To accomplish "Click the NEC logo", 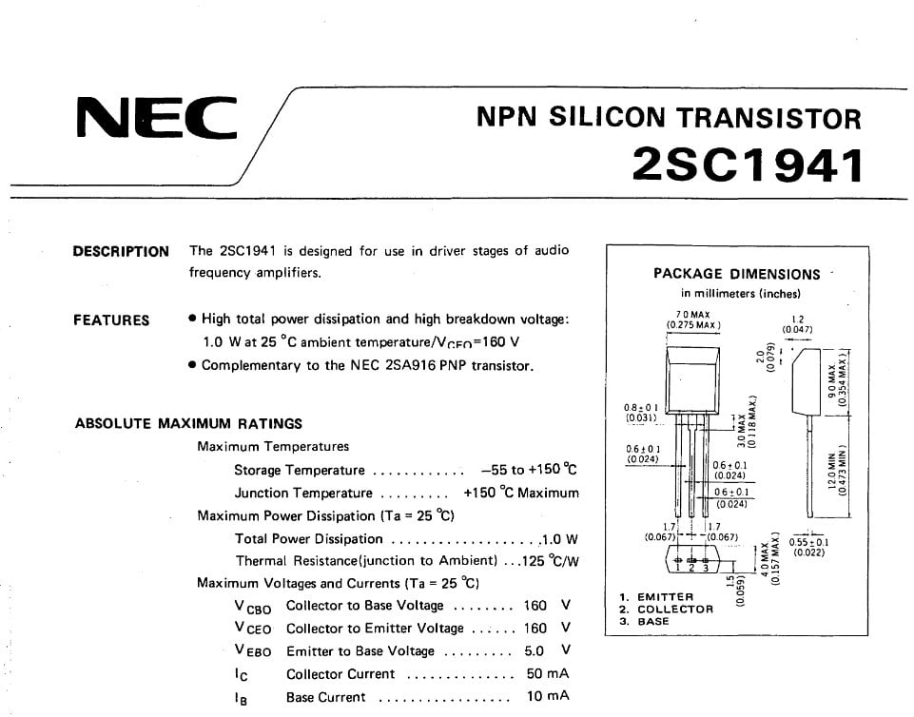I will (x=156, y=119).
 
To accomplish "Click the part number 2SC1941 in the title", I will (x=749, y=164).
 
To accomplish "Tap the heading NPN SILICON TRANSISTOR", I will (x=668, y=118).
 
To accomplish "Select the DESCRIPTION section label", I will (x=121, y=252).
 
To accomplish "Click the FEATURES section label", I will (x=111, y=320).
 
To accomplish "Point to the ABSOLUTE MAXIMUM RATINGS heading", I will (x=188, y=423).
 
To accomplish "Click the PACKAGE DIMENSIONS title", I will (x=736, y=274).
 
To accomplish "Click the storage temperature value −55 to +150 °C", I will (x=529, y=470).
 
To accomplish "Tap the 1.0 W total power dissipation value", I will (x=559, y=539).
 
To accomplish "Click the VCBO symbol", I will (x=252, y=607).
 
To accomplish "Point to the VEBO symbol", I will (x=252, y=651).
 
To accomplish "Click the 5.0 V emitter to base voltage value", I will (x=547, y=651).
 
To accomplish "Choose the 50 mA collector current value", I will (x=547, y=674).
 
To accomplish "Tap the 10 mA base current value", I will (x=547, y=697).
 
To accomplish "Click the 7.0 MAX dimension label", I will (x=693, y=315).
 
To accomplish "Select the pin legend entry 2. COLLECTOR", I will (x=666, y=610).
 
